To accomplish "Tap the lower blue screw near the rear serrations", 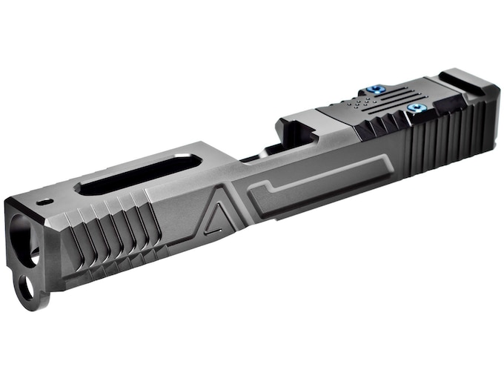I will [x=414, y=109].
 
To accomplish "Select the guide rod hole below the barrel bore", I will [x=27, y=286].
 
